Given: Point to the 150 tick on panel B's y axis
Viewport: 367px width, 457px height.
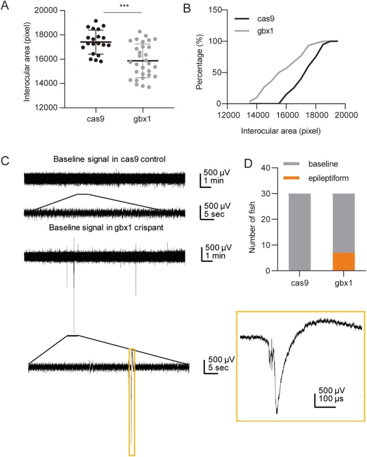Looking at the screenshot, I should click(223, 11).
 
